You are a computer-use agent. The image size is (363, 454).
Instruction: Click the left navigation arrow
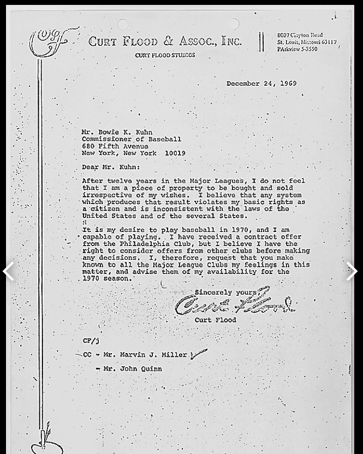pos(9,271)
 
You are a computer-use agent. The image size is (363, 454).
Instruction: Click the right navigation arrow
pos(352,271)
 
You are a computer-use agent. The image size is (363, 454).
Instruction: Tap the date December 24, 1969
pos(261,83)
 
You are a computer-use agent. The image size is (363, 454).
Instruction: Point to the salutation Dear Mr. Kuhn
pos(111,167)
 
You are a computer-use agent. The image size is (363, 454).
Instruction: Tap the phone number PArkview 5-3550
pos(298,49)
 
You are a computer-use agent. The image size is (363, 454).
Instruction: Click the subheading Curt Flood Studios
pos(165,55)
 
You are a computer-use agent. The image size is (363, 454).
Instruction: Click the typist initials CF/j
pos(91,341)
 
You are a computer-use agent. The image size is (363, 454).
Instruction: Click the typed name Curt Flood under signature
pos(216,320)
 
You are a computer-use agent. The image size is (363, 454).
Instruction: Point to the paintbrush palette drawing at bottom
pos(44,441)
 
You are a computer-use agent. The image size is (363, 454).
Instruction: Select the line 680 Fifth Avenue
pos(115,146)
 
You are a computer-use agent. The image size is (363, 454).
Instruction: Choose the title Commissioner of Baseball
pos(132,139)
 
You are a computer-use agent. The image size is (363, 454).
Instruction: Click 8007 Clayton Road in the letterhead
pos(300,35)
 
